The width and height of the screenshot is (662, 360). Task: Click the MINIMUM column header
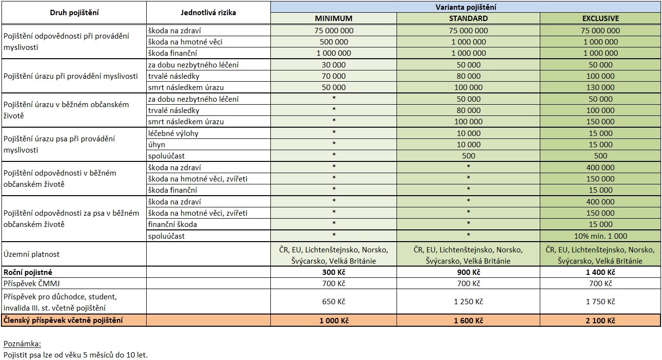pyautogui.click(x=333, y=19)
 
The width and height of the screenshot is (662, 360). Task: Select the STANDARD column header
pyautogui.click(x=468, y=19)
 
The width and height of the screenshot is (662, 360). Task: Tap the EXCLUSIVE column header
pyautogui.click(x=600, y=19)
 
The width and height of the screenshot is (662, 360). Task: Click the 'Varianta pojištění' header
pyautogui.click(x=465, y=7)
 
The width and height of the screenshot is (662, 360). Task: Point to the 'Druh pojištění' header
pyautogui.click(x=74, y=13)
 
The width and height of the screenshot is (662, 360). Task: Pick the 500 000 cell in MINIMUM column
pyautogui.click(x=333, y=42)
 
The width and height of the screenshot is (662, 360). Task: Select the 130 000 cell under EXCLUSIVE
pyautogui.click(x=600, y=88)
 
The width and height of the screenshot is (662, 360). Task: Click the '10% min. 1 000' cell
pyautogui.click(x=600, y=236)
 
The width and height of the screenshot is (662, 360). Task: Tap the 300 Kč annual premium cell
pyautogui.click(x=333, y=272)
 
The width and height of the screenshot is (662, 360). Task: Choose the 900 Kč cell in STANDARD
pyautogui.click(x=468, y=272)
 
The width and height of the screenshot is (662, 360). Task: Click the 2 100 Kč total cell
pyautogui.click(x=600, y=321)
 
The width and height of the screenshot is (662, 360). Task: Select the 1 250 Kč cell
pyautogui.click(x=468, y=302)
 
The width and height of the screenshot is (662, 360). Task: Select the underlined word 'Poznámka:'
pyautogui.click(x=22, y=344)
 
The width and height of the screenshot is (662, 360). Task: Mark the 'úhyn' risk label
pyautogui.click(x=157, y=144)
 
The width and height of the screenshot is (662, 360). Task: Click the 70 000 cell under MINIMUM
pyautogui.click(x=333, y=76)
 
